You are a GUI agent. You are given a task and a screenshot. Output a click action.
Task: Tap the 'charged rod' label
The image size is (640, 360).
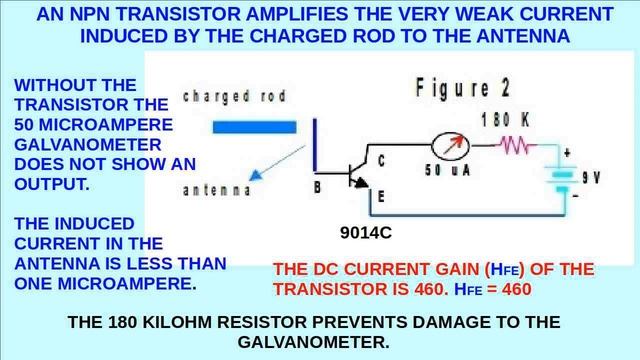pos(234,97)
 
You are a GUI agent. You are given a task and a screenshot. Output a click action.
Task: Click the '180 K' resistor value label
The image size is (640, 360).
pos(505,120)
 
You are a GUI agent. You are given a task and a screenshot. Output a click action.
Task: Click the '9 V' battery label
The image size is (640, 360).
pos(590,178)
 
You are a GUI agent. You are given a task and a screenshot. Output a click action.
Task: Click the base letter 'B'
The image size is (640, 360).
pos(317,186)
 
